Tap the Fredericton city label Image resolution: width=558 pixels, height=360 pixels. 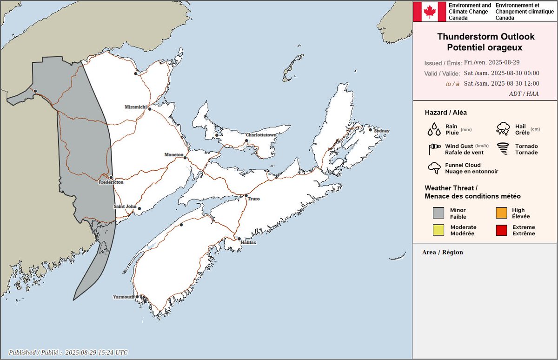point(111,183)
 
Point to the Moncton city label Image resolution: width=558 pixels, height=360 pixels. point(174,154)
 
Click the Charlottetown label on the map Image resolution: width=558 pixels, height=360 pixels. point(261,135)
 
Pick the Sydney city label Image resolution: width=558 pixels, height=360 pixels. point(381,131)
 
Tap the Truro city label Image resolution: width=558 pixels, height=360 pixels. point(253,199)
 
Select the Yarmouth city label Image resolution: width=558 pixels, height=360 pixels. point(124,297)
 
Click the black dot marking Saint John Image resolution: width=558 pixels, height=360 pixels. point(139,209)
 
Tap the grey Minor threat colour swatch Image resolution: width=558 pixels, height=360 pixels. point(438,213)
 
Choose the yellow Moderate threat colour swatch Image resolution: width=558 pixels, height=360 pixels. point(438,230)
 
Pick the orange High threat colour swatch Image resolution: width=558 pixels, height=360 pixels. point(501,213)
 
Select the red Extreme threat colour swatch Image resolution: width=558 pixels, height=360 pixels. point(501,230)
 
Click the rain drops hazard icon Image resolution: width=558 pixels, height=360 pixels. point(434,129)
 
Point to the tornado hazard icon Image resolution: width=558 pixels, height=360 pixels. point(503,149)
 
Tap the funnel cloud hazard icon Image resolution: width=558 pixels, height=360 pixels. point(434,168)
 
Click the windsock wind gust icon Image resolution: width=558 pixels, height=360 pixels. point(434,149)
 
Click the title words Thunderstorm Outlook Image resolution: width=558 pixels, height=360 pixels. point(486,37)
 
